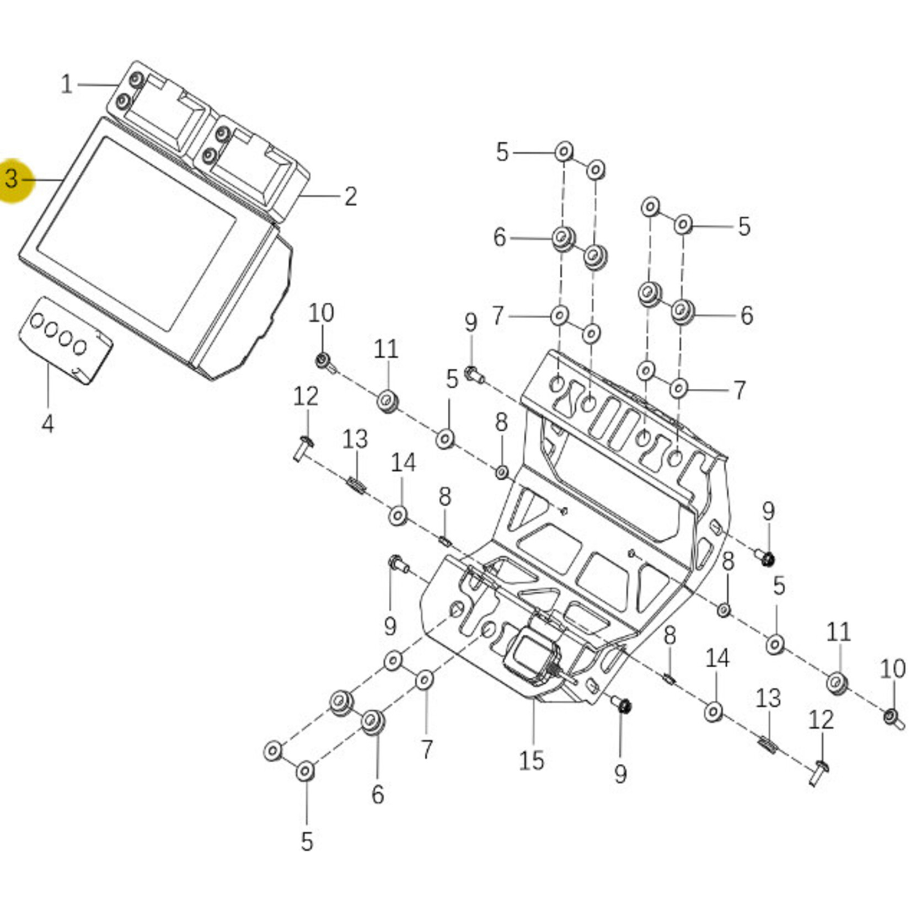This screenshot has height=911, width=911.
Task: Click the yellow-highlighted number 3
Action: (12, 179)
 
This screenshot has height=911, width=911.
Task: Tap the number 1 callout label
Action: (66, 84)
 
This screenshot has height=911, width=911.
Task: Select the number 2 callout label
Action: (351, 196)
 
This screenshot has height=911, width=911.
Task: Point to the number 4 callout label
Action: (48, 424)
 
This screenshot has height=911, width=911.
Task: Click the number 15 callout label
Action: (531, 760)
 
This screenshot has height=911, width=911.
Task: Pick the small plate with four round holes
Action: (66, 340)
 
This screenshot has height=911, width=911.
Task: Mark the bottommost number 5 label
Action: (307, 842)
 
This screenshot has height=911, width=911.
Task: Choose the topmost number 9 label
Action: (470, 323)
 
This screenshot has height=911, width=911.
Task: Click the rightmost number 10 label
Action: (892, 669)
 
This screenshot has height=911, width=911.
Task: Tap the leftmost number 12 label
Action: (306, 396)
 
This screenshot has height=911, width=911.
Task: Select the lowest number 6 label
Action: (377, 794)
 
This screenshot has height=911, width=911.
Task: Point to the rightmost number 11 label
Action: (838, 632)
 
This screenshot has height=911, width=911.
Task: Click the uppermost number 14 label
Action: (403, 463)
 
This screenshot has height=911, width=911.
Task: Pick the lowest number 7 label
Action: (427, 749)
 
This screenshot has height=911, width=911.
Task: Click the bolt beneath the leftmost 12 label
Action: (302, 448)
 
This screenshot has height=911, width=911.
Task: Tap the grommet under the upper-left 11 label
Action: (387, 400)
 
